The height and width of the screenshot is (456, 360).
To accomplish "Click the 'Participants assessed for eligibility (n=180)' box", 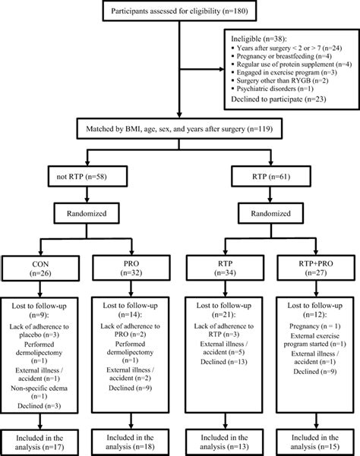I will coord(179,11).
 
